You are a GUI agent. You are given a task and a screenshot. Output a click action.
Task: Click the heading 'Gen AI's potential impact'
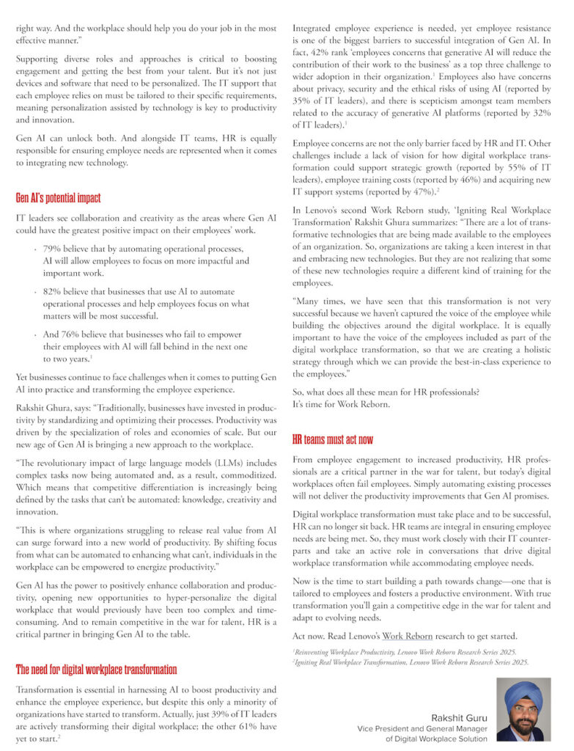pyautogui.click(x=58, y=198)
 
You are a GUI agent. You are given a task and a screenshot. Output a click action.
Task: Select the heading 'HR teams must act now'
pyautogui.click(x=332, y=440)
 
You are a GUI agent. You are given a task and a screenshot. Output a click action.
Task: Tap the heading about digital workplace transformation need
pyautogui.click(x=96, y=669)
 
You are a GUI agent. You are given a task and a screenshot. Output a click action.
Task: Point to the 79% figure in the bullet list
pyautogui.click(x=53, y=249)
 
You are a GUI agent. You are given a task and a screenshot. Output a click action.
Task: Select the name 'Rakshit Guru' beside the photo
pyautogui.click(x=459, y=717)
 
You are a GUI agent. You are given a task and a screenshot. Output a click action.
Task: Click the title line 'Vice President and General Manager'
pyautogui.click(x=422, y=728)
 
